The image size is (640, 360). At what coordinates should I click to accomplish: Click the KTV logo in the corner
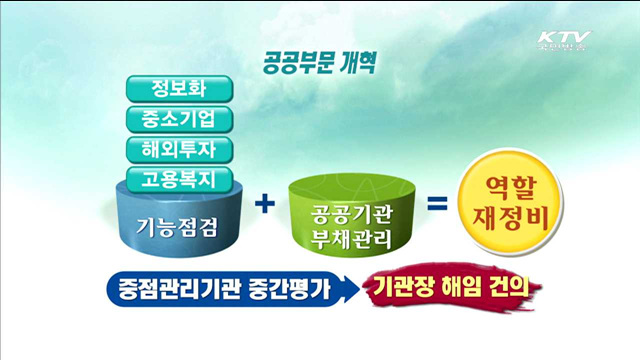(x=563, y=42)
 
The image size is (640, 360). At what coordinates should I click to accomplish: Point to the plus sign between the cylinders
(x=265, y=205)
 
